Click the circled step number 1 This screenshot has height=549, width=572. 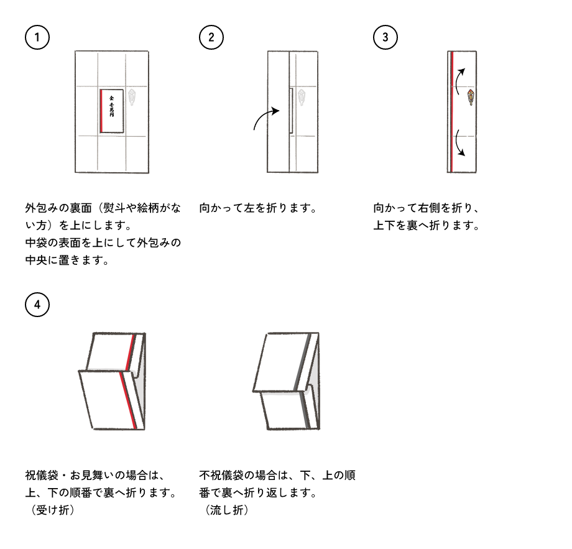pos(37,37)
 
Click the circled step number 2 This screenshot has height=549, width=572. pos(211,37)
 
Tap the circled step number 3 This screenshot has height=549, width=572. pos(385,37)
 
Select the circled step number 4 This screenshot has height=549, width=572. pos(37,305)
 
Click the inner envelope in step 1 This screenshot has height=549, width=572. pos(111,111)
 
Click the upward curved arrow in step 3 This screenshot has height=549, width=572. pos(458,80)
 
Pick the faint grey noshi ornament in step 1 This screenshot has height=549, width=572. pos(133,98)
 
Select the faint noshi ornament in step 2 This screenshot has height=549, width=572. pos(302,98)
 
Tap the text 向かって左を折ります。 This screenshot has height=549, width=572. pos(258,208)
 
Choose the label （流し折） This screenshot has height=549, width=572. pos(226,510)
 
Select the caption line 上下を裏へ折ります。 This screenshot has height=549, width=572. pos(426,226)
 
